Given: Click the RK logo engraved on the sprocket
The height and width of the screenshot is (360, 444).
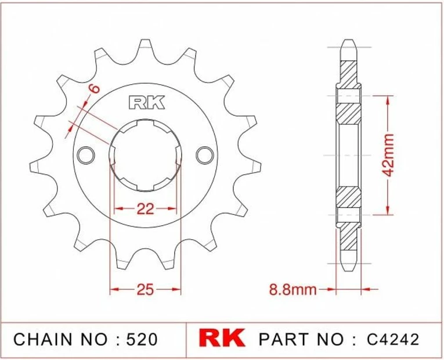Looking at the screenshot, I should click(146, 103).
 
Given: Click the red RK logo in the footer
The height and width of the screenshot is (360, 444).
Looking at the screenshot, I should click(222, 339).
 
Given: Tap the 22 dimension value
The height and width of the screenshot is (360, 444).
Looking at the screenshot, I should click(145, 208).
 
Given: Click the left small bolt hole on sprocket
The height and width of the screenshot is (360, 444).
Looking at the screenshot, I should click(86, 154).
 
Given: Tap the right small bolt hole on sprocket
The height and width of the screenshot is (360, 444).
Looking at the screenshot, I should click(205, 154).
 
